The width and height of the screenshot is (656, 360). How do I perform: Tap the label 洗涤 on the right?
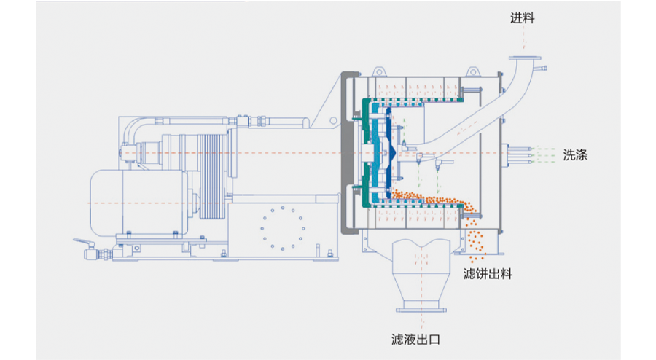tap(575, 154)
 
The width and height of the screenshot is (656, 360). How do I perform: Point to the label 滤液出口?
tap(416, 339)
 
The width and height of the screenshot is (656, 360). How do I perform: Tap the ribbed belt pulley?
tap(212, 175)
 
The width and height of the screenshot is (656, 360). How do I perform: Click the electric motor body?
tap(124, 201)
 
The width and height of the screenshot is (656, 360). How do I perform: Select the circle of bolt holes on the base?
tap(281, 228)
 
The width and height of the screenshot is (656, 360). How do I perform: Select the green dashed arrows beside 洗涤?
tap(544, 154)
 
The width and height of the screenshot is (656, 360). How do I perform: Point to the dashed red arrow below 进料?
tap(523, 40)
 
